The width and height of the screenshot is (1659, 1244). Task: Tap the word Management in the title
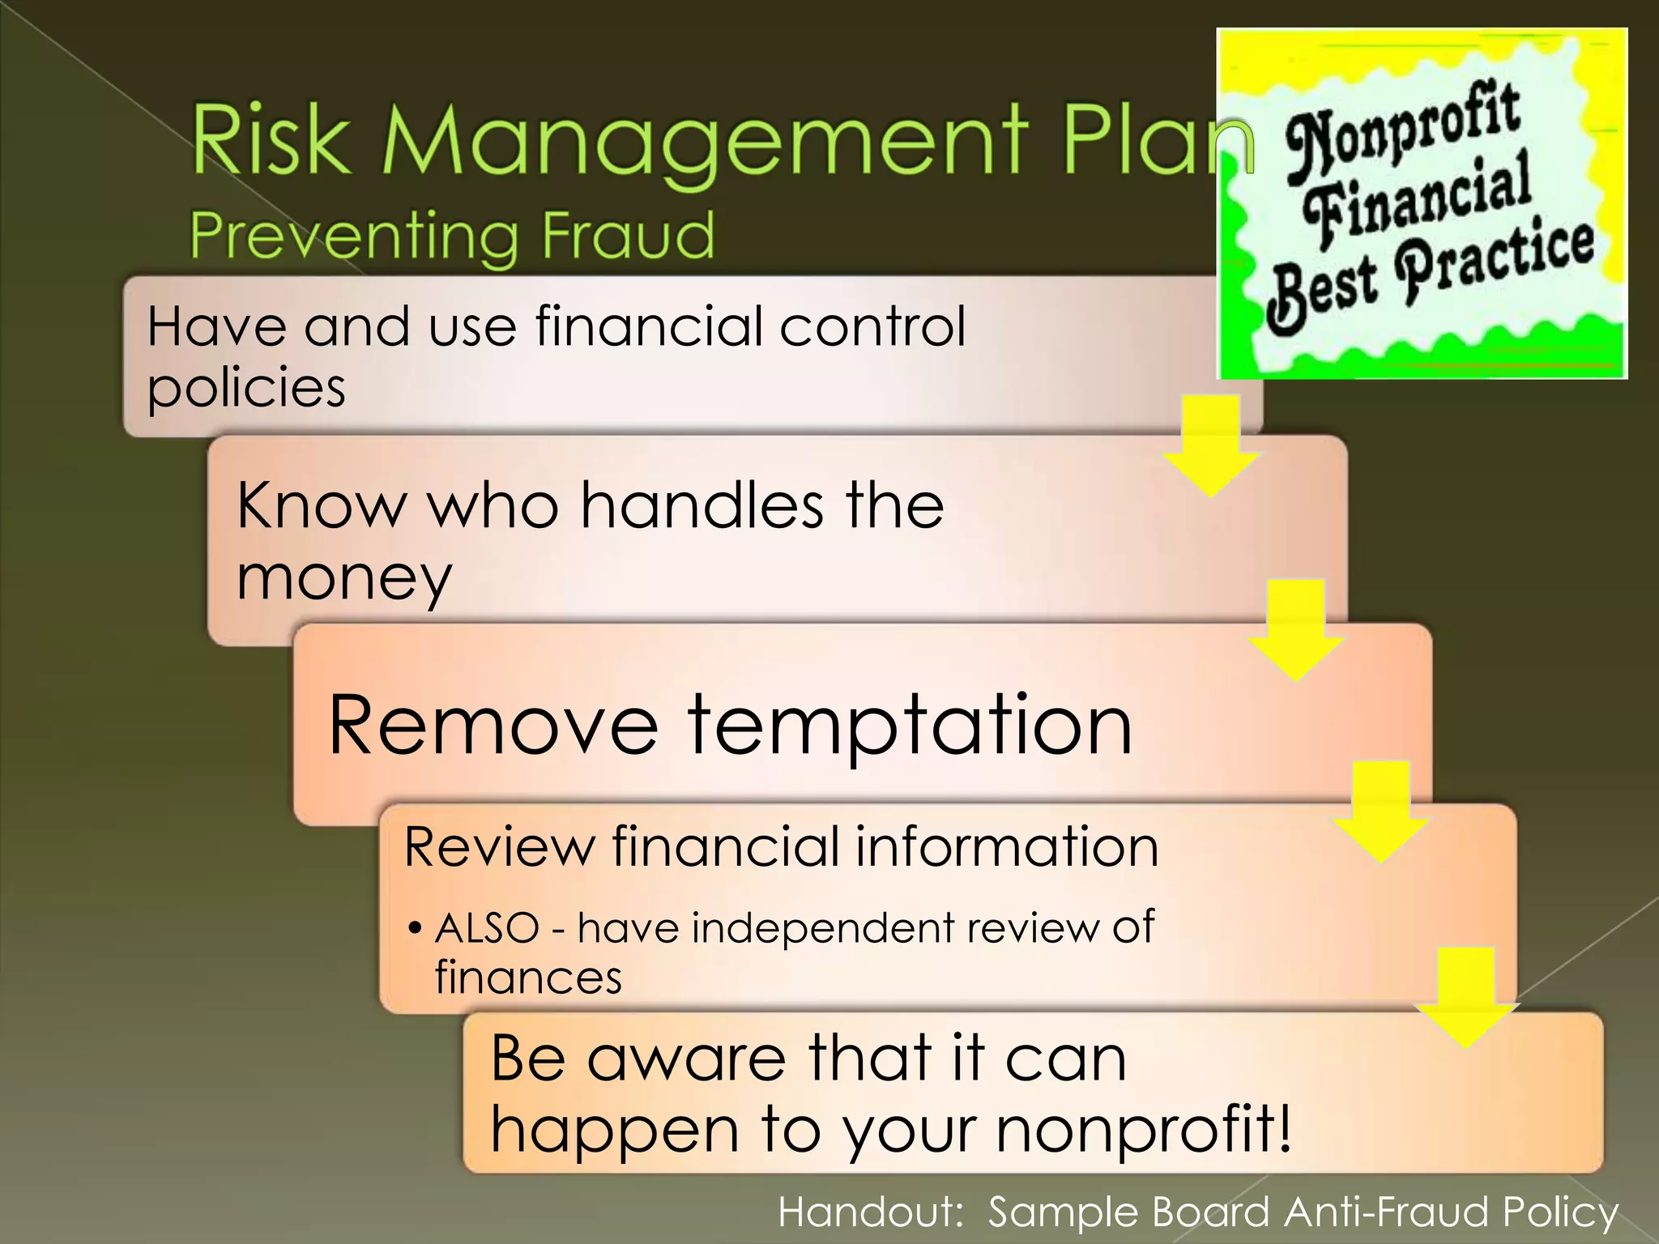pyautogui.click(x=705, y=143)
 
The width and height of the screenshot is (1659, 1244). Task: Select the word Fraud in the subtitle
pyautogui.click(x=628, y=235)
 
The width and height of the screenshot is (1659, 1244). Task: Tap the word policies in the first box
pyautogui.click(x=246, y=387)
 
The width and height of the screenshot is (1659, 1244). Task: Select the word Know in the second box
pyautogui.click(x=320, y=505)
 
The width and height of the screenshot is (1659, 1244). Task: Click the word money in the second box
pyautogui.click(x=343, y=578)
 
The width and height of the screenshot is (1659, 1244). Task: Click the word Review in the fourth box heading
pyautogui.click(x=498, y=847)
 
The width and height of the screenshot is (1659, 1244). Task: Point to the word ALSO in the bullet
pyautogui.click(x=487, y=928)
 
